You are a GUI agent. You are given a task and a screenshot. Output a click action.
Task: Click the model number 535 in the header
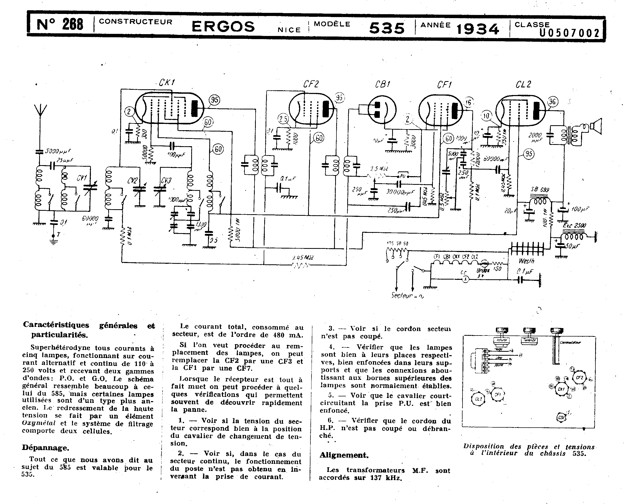pyautogui.click(x=387, y=28)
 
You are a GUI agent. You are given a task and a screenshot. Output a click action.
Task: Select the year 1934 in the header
pyautogui.click(x=478, y=29)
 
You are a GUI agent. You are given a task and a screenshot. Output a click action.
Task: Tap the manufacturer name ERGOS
pyautogui.click(x=223, y=27)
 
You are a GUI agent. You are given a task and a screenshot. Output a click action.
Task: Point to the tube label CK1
pyautogui.click(x=167, y=83)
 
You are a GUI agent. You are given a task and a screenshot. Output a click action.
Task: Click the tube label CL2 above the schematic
pyautogui.click(x=523, y=85)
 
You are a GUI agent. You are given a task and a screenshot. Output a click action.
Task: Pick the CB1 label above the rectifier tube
pyautogui.click(x=382, y=85)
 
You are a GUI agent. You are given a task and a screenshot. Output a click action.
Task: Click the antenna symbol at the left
pyautogui.click(x=40, y=110)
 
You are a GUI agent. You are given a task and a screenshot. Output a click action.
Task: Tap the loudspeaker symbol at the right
pyautogui.click(x=596, y=126)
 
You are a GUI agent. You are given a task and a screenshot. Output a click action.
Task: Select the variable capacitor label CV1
pyautogui.click(x=82, y=178)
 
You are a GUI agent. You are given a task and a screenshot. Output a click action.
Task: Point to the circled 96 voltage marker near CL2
pyautogui.click(x=552, y=102)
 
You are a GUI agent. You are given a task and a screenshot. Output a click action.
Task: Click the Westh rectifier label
pyautogui.click(x=526, y=261)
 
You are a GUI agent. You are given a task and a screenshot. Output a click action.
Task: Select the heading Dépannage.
pyautogui.click(x=45, y=448)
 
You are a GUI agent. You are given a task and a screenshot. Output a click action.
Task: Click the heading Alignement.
pyautogui.click(x=344, y=455)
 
